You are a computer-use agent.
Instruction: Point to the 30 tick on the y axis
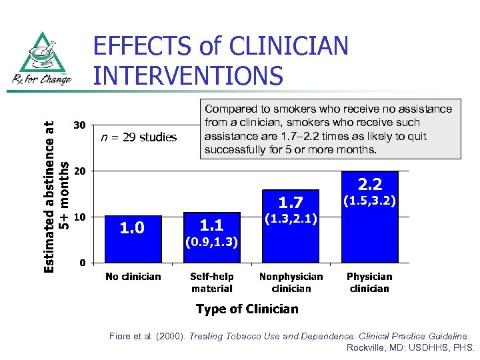pos(79,125)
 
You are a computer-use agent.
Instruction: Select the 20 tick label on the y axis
pos(79,171)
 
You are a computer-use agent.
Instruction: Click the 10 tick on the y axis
pos(79,217)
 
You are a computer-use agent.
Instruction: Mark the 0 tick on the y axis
pos(82,263)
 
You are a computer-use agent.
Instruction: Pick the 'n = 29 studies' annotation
pos(139,138)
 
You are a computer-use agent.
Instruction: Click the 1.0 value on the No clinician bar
pos(131,229)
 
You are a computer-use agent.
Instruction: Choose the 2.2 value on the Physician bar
pos(369,183)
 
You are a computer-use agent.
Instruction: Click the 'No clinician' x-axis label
pos(133,277)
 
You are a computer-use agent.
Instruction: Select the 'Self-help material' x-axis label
pos(212,283)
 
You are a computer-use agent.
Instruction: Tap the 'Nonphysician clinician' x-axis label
pos(291,283)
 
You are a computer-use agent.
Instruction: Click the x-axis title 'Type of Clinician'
pos(247,309)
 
